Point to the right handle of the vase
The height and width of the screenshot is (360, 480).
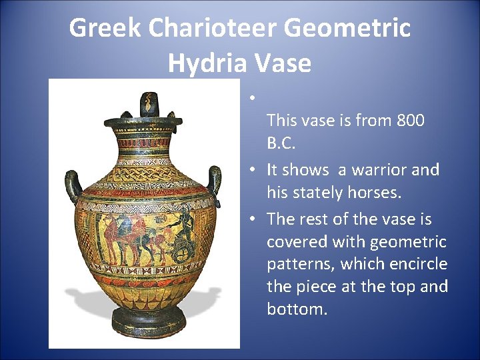pyautogui.click(x=215, y=180)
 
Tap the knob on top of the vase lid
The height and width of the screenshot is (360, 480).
pyautogui.click(x=147, y=103)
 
